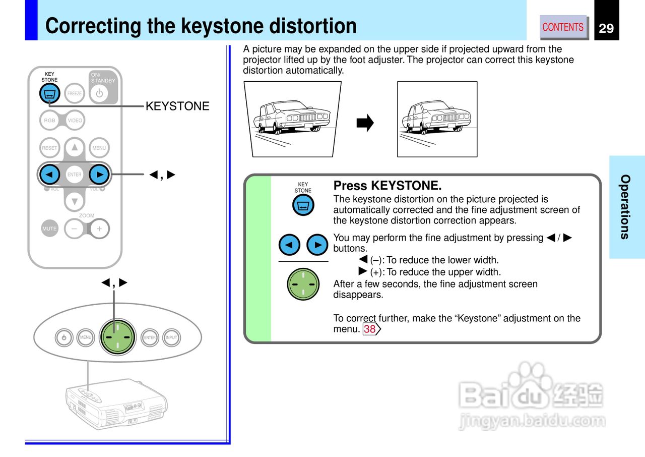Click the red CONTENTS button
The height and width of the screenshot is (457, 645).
(x=563, y=27)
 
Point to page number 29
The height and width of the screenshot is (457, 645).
(x=606, y=28)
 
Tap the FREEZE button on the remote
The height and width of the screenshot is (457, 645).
(x=75, y=93)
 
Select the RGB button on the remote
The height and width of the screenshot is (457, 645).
(x=49, y=121)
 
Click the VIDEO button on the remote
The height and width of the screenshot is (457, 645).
(x=75, y=121)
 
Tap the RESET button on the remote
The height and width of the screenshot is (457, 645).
(x=49, y=148)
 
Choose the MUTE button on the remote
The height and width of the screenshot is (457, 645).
(x=49, y=228)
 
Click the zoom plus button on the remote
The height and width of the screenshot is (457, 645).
(x=99, y=228)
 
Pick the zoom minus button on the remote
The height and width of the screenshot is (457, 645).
(x=75, y=228)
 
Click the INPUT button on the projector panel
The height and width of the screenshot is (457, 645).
(x=171, y=337)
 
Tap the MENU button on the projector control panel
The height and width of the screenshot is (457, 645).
(x=86, y=337)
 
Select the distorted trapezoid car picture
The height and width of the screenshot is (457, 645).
(x=292, y=120)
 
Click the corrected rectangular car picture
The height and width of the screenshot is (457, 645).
(x=437, y=120)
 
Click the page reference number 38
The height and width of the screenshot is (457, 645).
(x=370, y=329)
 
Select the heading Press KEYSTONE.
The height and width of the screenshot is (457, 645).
(x=387, y=186)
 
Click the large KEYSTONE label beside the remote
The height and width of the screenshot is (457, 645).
(x=177, y=106)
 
